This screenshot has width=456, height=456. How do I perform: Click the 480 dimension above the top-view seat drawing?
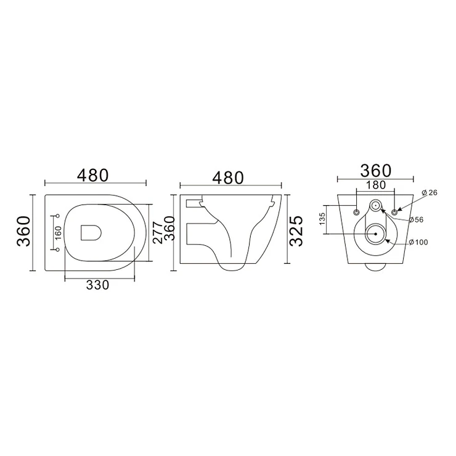point(93,175)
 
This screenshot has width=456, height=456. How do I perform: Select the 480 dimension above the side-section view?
point(228,177)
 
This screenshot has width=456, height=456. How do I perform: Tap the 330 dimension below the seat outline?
point(97,285)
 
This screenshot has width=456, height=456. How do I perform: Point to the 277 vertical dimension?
point(157,233)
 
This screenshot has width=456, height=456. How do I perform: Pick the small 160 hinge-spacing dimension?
point(58,233)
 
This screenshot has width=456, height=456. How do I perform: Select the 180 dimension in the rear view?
point(376,185)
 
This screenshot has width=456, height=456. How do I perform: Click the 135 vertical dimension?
point(322,219)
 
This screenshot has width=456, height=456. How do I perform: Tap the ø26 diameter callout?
point(430,192)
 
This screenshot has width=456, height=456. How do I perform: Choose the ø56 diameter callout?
point(416,219)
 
